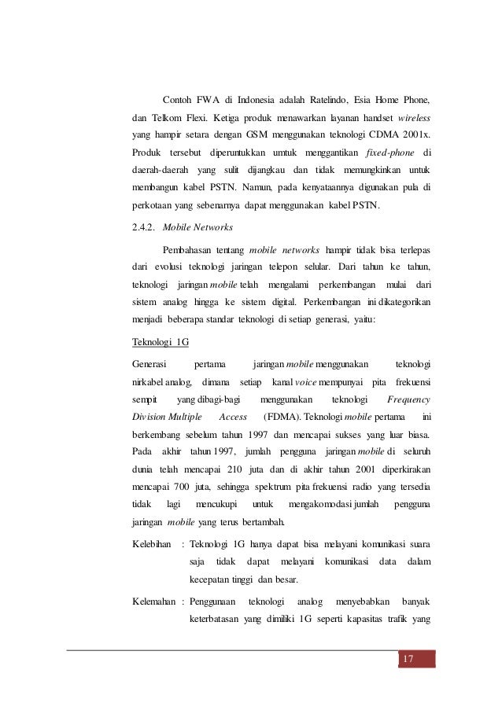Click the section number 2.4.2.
tap(144, 228)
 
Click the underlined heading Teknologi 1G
tap(161, 342)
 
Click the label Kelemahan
tap(154, 601)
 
